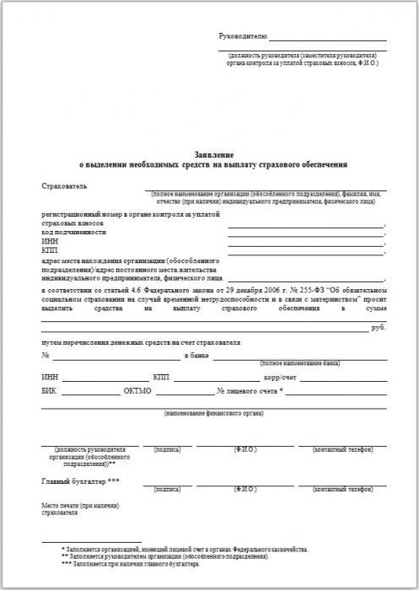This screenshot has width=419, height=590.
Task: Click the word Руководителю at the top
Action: coord(243,37)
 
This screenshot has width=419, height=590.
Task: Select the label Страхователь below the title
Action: coord(64,185)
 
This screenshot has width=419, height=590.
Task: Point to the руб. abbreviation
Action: coord(379,327)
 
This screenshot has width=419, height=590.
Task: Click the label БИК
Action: coord(49,392)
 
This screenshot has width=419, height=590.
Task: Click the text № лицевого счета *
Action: coord(250,392)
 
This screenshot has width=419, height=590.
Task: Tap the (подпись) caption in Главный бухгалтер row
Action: coord(168,489)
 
